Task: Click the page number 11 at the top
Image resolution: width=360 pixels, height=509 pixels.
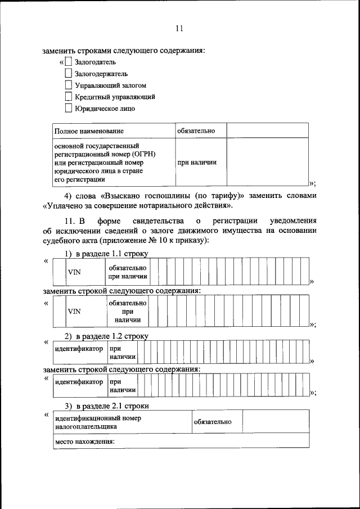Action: tap(179, 29)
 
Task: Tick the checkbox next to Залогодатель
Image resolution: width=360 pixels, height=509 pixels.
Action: tap(68, 62)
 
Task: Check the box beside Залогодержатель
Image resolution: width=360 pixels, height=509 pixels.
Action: tap(68, 73)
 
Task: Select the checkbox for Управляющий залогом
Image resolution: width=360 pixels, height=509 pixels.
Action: tap(68, 85)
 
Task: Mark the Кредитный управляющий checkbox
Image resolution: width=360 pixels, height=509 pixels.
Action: tap(68, 97)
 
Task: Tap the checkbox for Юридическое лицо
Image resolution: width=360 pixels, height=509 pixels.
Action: tap(68, 109)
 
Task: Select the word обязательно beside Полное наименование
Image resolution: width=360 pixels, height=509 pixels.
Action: tap(196, 131)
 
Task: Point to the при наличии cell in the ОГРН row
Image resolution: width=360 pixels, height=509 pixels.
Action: tap(197, 163)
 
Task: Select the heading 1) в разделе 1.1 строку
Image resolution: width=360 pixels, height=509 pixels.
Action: tap(106, 254)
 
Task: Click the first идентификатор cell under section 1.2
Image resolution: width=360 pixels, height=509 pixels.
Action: tap(79, 349)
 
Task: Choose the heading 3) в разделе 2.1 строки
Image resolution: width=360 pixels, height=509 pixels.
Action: tap(106, 406)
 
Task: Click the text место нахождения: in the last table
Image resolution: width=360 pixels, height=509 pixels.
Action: tap(84, 442)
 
